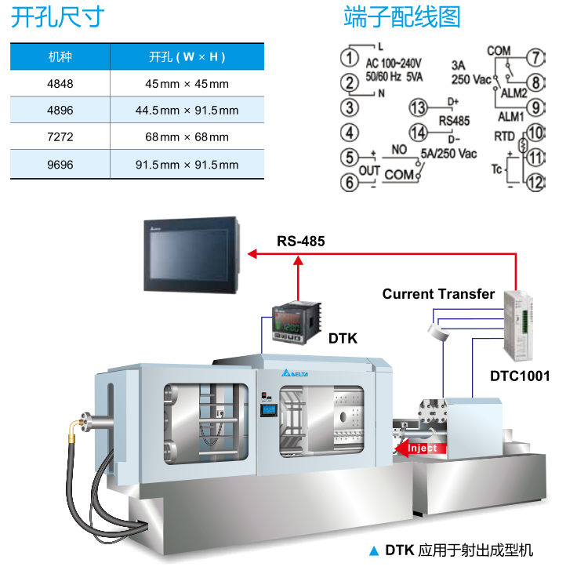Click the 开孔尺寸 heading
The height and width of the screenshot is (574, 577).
click(57, 17)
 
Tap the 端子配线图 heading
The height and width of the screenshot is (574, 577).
click(402, 17)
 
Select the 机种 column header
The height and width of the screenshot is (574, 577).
click(60, 56)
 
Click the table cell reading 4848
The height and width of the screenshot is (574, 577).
click(60, 84)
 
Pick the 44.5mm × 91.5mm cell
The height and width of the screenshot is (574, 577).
click(187, 111)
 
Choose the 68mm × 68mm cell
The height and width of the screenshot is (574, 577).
click(187, 137)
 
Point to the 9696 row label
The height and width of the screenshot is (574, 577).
click(60, 165)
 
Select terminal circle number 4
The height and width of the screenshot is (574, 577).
click(350, 133)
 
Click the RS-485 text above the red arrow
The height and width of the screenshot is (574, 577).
click(300, 242)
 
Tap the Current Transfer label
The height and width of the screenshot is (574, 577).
click(438, 294)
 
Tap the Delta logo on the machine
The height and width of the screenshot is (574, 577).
click(296, 373)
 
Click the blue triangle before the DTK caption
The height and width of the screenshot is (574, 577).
click(373, 550)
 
